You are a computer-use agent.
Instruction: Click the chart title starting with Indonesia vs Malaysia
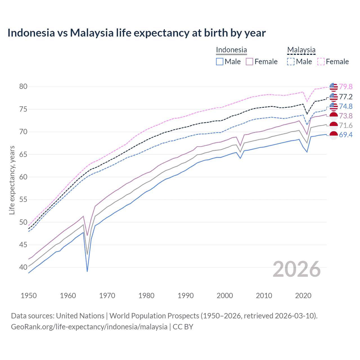(136, 33)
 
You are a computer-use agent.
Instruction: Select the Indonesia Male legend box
(220, 62)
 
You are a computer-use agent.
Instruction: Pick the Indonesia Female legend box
(249, 62)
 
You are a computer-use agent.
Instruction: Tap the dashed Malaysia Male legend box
(291, 62)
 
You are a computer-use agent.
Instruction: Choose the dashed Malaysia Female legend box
(321, 62)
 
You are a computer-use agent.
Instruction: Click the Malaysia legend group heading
(301, 50)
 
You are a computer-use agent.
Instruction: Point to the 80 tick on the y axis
(23, 86)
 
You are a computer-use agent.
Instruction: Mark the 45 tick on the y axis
(23, 245)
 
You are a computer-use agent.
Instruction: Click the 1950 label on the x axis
(29, 296)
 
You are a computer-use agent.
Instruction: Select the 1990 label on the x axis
(186, 296)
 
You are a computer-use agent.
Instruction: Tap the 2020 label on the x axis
(303, 296)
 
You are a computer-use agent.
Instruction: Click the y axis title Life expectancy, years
(12, 180)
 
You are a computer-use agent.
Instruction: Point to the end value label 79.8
(346, 87)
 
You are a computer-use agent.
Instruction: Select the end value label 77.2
(346, 97)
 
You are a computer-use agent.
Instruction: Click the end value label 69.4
(346, 135)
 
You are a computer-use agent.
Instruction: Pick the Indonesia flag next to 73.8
(333, 116)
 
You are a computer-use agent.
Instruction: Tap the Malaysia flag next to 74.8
(333, 106)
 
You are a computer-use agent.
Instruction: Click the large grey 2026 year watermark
(296, 269)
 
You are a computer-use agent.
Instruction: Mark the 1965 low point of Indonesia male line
(87, 271)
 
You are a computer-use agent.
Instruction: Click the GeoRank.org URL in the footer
(89, 327)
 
